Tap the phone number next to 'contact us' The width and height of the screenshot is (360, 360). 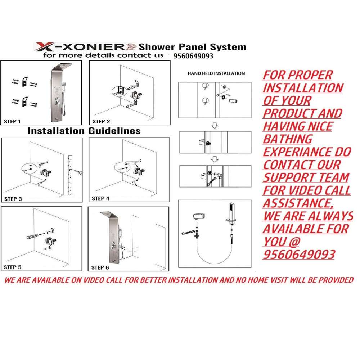coord(193,56)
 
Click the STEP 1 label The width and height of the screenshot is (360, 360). coord(12,121)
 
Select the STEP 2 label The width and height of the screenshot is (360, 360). coord(101,121)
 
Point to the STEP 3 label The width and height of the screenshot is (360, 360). coord(13,199)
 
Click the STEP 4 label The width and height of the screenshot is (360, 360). coord(100,198)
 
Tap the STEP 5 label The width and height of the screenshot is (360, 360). coord(13,267)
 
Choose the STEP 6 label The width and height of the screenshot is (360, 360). coord(100,268)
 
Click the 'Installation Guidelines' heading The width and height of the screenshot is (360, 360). coord(84,131)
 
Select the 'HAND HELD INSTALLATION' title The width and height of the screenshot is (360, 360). coord(216,73)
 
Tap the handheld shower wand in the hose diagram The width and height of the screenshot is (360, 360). coord(231,213)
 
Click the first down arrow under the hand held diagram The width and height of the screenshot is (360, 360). coord(215,125)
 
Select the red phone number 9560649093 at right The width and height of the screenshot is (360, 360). coord(299,255)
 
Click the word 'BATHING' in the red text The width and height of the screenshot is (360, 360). coord(288,139)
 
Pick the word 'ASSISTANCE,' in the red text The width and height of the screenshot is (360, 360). coord(298,203)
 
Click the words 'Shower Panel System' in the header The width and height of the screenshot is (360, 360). coord(192,47)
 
